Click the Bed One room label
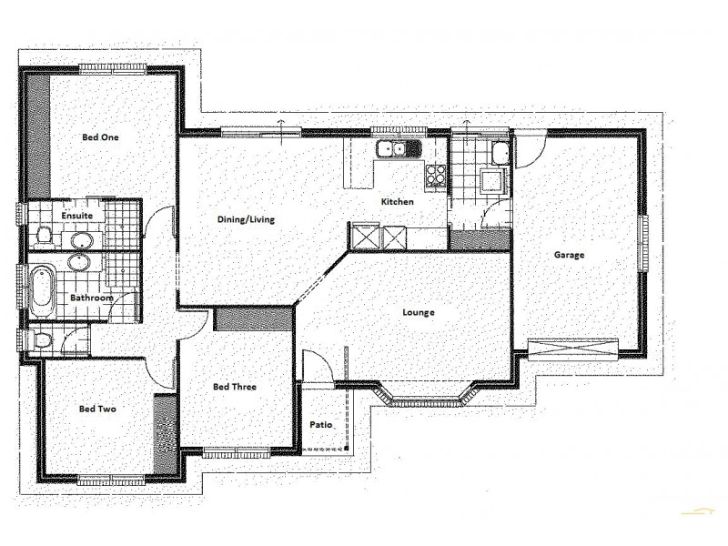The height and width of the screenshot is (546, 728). [x=100, y=137]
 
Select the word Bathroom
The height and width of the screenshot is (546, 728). [x=91, y=298]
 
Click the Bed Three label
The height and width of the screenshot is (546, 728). [x=234, y=387]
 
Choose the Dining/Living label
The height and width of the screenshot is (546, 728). [x=246, y=219]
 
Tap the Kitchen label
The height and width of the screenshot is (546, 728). [x=397, y=201]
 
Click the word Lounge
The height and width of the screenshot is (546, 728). [x=418, y=312]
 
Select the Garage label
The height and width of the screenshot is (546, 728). [x=569, y=255]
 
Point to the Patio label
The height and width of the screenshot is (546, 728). [x=319, y=425]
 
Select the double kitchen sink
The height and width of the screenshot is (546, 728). [x=399, y=148]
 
